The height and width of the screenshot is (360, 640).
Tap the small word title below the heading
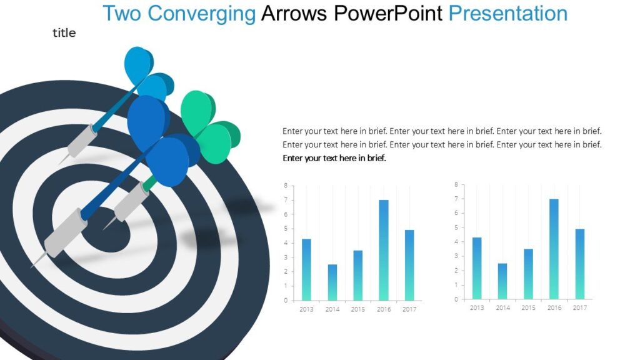(64, 33)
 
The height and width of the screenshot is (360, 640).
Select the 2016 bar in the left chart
(384, 250)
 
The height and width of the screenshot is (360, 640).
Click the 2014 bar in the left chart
(332, 282)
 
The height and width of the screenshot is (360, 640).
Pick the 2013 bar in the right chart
(477, 268)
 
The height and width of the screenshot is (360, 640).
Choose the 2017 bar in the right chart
(579, 264)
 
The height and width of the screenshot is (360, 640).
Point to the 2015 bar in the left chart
(358, 275)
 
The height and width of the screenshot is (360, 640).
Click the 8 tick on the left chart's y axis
(286, 186)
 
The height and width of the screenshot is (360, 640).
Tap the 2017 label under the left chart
(409, 309)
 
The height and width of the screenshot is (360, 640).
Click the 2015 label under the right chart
(528, 308)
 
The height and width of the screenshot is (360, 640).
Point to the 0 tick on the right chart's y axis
(456, 299)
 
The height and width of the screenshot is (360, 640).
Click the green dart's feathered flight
(209, 125)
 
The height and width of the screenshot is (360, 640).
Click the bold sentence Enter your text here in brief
(334, 158)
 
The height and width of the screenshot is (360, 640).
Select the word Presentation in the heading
(508, 13)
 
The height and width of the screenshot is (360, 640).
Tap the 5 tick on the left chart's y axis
(286, 229)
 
